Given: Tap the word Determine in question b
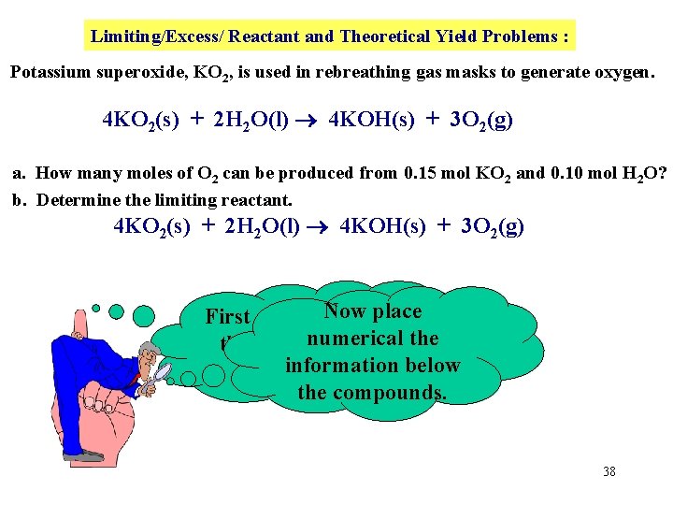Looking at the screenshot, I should pyautogui.click(x=79, y=200).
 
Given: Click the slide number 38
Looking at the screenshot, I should pyautogui.click(x=609, y=471).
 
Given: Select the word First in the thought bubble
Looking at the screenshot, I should pyautogui.click(x=228, y=317).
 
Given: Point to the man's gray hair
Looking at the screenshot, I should pyautogui.click(x=148, y=348).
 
